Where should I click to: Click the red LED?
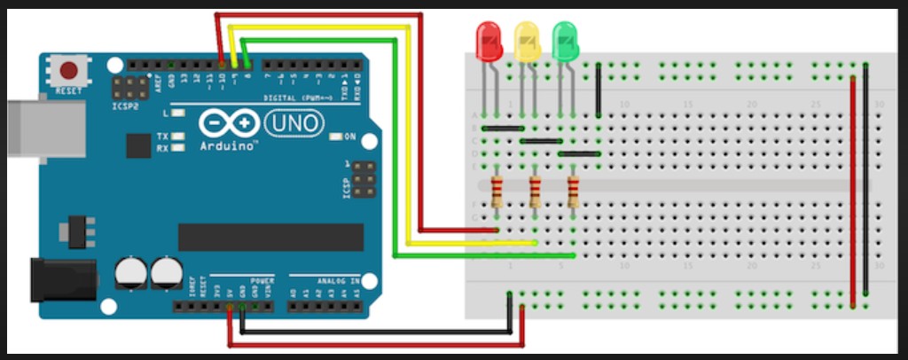489,42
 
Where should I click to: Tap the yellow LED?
527,42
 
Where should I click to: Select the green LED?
565,42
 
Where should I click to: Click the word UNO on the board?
295,122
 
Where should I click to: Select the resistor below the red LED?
496,190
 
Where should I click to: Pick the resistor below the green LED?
573,190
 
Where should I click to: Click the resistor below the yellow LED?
535,190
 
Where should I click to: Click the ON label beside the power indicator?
349,137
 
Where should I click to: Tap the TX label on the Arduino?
162,137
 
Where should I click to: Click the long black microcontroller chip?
270,237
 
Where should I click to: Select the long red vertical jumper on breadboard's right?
853,191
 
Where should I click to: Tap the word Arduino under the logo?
228,145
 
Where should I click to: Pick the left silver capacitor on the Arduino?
131,272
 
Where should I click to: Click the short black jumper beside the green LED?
599,90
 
